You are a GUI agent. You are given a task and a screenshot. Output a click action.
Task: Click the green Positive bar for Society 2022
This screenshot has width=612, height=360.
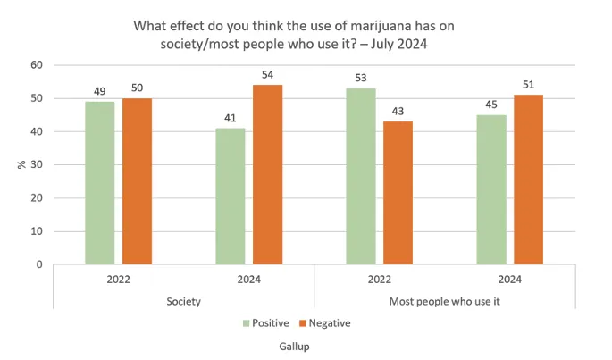pyautogui.click(x=100, y=183)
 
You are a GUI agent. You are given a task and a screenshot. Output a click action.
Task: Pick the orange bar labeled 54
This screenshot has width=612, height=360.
pyautogui.click(x=267, y=175)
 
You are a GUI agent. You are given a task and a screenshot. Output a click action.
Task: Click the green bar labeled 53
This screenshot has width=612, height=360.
pyautogui.click(x=362, y=177)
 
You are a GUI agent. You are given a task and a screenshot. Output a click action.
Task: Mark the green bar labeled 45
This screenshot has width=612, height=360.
pyautogui.click(x=492, y=189)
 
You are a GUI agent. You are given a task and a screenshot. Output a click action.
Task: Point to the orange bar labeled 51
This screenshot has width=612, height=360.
pyautogui.click(x=528, y=180)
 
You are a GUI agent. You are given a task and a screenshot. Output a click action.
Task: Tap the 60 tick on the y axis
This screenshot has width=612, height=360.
pyautogui.click(x=36, y=65)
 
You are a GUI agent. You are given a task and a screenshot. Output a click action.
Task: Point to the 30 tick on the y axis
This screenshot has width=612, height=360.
pyautogui.click(x=36, y=165)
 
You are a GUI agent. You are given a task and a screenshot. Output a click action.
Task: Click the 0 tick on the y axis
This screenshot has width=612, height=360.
pyautogui.click(x=39, y=265)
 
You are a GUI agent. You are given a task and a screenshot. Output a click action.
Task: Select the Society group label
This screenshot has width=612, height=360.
pyautogui.click(x=182, y=301)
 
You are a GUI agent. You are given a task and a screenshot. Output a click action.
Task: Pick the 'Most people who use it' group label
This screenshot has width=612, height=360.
pyautogui.click(x=444, y=301)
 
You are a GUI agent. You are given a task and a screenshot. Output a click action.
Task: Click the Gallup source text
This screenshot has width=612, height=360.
pyautogui.click(x=306, y=344)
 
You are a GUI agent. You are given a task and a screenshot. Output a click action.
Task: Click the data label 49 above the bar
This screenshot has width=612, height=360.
pyautogui.click(x=100, y=91)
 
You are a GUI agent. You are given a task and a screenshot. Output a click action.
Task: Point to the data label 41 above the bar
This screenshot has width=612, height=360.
pyautogui.click(x=231, y=118)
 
